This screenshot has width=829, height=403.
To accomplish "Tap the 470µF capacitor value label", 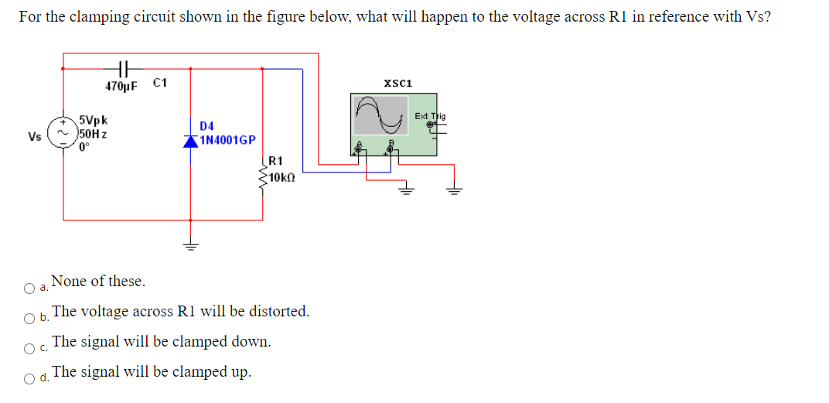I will pyautogui.click(x=121, y=86).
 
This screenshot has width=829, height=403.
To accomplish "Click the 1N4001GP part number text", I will pyautogui.click(x=227, y=140).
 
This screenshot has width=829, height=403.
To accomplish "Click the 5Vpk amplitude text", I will pyautogui.click(x=94, y=121).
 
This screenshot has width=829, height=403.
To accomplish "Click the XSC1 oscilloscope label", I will pyautogui.click(x=397, y=83).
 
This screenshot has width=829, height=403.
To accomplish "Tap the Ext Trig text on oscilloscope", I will pyautogui.click(x=430, y=116).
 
